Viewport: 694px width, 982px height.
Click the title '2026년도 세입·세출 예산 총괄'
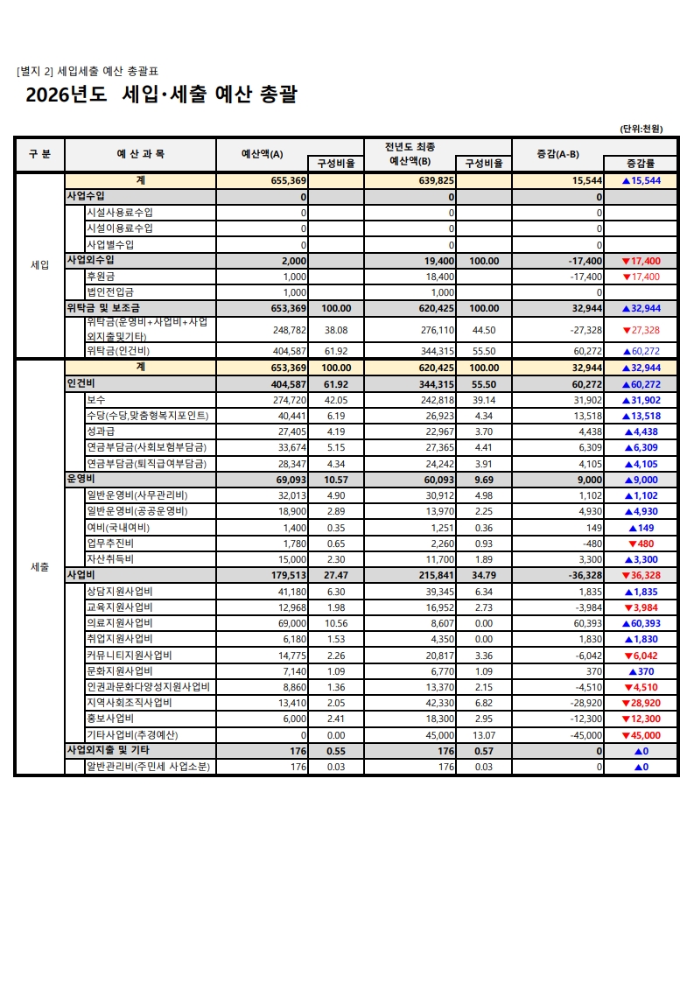click(x=161, y=95)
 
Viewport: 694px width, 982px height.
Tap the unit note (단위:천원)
click(x=641, y=129)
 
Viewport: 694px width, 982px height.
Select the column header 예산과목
click(x=140, y=154)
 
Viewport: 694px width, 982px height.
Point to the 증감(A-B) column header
click(x=557, y=154)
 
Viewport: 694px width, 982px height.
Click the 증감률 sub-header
click(x=641, y=163)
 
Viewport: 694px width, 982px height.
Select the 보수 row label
click(x=95, y=399)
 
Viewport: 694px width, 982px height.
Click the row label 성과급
click(x=101, y=431)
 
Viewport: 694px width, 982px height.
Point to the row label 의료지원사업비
click(x=119, y=623)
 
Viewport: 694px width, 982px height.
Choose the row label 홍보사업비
click(x=110, y=719)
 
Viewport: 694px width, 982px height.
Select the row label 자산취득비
click(x=110, y=558)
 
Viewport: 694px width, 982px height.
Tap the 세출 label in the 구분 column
click(x=39, y=567)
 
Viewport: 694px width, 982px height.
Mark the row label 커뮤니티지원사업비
click(x=129, y=655)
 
